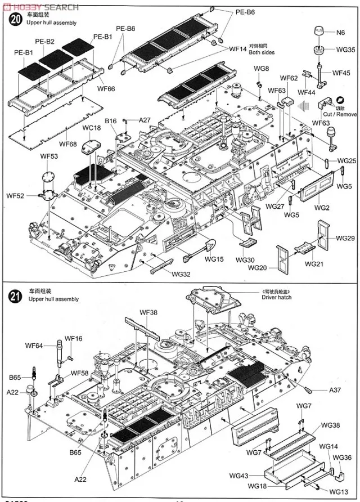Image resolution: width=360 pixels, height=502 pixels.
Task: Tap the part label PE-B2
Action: tap(44, 42)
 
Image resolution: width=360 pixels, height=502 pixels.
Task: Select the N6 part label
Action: tap(341, 33)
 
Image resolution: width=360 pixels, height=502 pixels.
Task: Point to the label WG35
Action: tap(345, 50)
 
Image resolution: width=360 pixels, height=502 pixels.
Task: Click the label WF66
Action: tap(106, 88)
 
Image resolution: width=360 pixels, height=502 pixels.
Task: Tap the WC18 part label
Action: tap(92, 128)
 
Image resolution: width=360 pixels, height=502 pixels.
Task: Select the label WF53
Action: tap(48, 156)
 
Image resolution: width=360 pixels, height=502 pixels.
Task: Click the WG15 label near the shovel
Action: tap(214, 259)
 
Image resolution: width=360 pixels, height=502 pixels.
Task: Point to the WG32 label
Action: tap(181, 274)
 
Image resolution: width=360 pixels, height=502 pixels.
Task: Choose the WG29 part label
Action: tap(345, 238)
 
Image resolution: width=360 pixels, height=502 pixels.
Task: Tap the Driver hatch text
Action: tap(277, 297)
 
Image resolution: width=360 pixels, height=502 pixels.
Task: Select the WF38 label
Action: tap(148, 312)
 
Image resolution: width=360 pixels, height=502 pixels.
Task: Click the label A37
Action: tap(336, 391)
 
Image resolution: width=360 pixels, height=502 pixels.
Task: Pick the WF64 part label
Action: tap(34, 345)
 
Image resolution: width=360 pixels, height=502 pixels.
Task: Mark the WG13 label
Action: tap(339, 491)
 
